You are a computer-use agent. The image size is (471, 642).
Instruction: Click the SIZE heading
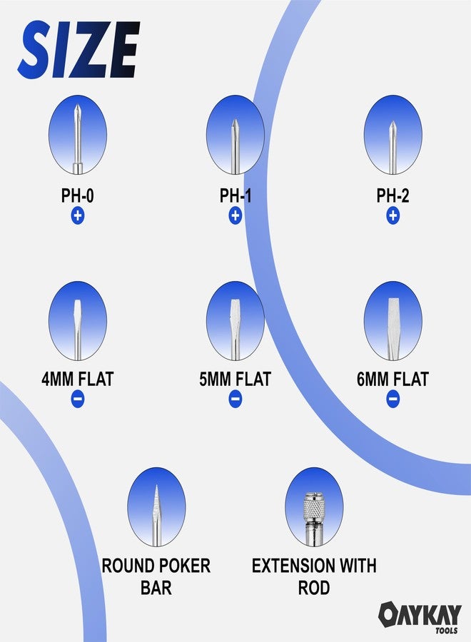(78, 49)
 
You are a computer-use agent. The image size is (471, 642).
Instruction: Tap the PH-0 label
(77, 195)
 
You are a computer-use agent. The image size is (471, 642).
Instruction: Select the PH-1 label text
(235, 195)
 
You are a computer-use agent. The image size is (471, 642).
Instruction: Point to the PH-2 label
(392, 195)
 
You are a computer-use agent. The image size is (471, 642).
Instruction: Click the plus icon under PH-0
(77, 215)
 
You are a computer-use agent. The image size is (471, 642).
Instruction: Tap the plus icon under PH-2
(392, 215)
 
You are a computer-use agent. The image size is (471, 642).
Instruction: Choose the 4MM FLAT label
(77, 379)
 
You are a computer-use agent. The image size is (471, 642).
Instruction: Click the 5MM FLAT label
(235, 379)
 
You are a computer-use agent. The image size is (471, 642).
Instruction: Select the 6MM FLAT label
(392, 379)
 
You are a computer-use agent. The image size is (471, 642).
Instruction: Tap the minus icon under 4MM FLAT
(77, 399)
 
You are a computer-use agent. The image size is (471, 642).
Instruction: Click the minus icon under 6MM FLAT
(392, 399)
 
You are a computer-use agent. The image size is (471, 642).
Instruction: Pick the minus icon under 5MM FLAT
(235, 399)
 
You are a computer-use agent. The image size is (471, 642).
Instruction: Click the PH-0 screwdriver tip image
(77, 135)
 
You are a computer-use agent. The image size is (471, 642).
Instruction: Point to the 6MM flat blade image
(392, 321)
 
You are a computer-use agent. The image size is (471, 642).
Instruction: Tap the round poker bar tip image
(156, 507)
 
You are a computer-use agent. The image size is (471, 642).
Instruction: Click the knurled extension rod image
(314, 507)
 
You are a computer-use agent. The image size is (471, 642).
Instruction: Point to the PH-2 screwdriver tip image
(392, 135)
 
